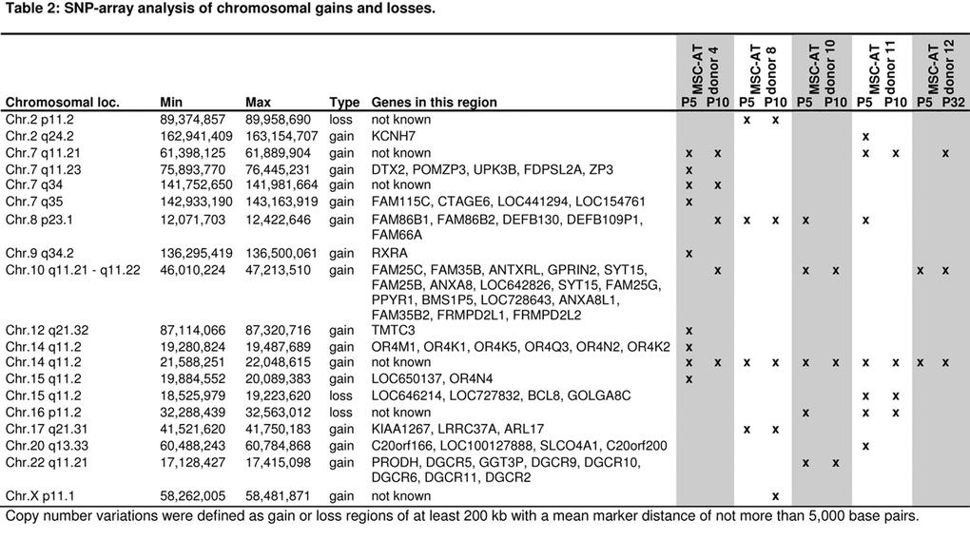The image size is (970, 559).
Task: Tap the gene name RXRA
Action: coord(387,253)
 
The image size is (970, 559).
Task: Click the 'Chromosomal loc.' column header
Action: coord(62,103)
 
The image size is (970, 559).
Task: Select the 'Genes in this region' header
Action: coord(434,103)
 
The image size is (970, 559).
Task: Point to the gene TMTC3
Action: coord(391,329)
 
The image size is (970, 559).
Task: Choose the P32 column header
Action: coord(945,103)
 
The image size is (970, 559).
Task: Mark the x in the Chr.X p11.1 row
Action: coord(775,496)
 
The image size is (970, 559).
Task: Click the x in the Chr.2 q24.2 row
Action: coord(864,137)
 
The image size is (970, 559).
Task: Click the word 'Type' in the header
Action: coord(344,103)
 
